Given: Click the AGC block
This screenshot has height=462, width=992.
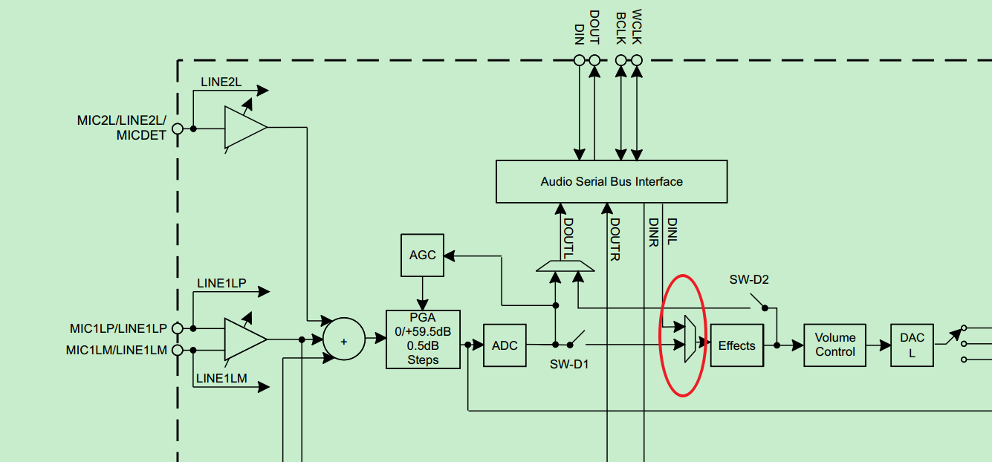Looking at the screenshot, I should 422,255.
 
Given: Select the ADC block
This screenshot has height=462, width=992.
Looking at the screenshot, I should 505,345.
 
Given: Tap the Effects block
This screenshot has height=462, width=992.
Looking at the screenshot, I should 736,345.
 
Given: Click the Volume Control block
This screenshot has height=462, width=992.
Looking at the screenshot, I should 835,345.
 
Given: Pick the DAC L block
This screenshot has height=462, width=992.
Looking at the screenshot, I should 912,345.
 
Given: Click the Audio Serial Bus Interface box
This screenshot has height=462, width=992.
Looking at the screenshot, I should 611,181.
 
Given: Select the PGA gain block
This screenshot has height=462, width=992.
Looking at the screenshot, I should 423,339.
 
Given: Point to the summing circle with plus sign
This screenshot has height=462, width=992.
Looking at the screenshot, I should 343,341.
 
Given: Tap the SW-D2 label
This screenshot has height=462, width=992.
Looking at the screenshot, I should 749,280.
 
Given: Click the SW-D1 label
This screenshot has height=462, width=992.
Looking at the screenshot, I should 568,364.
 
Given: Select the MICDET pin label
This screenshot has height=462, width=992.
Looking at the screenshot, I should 141,136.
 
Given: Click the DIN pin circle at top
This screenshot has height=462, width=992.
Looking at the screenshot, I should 580,61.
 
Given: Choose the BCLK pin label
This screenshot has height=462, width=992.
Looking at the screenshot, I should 620,28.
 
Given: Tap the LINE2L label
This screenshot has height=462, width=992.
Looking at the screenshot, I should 221,82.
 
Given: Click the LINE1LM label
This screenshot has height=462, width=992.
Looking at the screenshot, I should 221,379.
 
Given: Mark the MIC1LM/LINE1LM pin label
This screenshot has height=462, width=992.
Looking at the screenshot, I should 117,350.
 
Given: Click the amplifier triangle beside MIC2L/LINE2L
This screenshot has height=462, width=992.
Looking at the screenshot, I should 244,128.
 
